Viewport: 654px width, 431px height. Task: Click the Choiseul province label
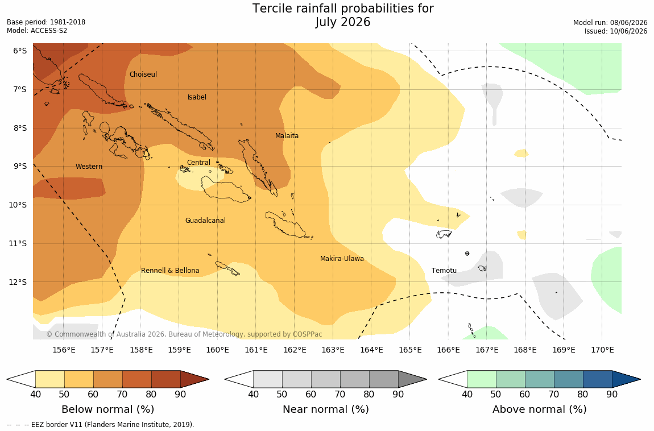(x=143, y=74)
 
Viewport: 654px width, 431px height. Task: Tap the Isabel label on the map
(x=197, y=97)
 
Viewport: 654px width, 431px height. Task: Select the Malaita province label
(x=287, y=135)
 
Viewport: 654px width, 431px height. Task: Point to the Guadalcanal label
(x=205, y=220)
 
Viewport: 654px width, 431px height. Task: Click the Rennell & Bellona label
(x=170, y=271)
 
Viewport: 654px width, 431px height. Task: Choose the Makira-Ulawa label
(x=342, y=259)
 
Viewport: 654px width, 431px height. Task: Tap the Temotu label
(x=444, y=271)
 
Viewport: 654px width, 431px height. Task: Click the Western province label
(x=89, y=166)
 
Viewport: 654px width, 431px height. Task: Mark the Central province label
(x=198, y=162)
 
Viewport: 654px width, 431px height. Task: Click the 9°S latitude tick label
(x=20, y=166)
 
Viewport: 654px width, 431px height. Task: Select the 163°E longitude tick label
(x=333, y=350)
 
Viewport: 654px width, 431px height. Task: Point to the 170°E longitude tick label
(x=602, y=350)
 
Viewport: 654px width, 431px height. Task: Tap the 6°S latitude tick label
(x=20, y=51)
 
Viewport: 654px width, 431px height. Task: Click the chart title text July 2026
(x=343, y=22)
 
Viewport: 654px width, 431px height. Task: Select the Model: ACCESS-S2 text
(x=37, y=31)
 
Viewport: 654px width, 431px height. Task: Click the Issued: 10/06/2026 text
(x=616, y=31)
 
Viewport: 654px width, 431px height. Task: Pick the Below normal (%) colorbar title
(x=107, y=409)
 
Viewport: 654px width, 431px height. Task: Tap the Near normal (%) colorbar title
(x=326, y=409)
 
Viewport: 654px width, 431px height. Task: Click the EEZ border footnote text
(x=101, y=425)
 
